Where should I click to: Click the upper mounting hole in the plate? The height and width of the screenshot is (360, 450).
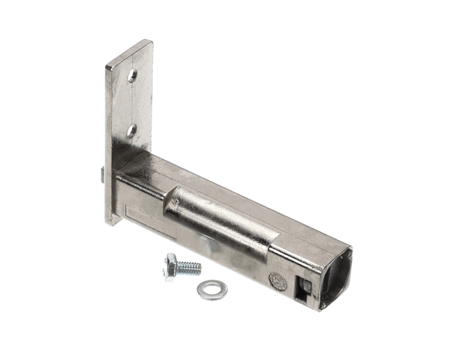point(132,76)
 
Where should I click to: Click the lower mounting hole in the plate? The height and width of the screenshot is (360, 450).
point(131,130)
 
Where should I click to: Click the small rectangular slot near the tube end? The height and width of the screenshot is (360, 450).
point(304,287)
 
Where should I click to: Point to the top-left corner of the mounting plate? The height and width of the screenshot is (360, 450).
point(108,65)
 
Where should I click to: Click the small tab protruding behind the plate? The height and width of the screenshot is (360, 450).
point(100,175)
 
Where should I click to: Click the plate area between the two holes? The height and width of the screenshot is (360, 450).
point(132,103)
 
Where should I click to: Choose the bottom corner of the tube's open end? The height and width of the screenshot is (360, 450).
point(322,308)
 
